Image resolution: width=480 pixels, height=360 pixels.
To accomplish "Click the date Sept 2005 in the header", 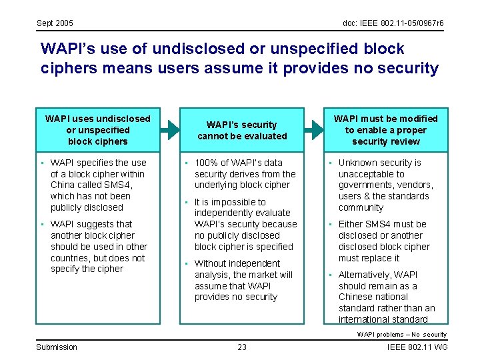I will click(55, 23).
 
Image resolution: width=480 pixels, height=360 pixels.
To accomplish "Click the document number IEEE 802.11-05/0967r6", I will click(393, 23).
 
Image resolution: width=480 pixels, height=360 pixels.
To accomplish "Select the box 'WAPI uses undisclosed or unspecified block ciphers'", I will click(98, 130).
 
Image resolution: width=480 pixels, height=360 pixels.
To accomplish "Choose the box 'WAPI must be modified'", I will click(386, 130).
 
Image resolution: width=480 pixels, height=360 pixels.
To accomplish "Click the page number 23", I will click(241, 347).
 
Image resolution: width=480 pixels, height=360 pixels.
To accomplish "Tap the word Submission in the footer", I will click(57, 347).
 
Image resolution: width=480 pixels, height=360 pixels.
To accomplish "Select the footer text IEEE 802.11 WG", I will click(417, 347).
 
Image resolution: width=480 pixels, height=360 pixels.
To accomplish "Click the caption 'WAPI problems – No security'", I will click(401, 335).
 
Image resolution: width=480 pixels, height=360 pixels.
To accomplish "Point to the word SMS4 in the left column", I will click(119, 185).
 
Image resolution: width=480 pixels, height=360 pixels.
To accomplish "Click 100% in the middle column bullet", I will click(207, 163).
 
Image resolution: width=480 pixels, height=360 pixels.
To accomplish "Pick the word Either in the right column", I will click(350, 224).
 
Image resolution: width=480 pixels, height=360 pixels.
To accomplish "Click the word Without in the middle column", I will click(210, 263).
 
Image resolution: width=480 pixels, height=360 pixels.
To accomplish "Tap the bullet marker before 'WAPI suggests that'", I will click(42, 225).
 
